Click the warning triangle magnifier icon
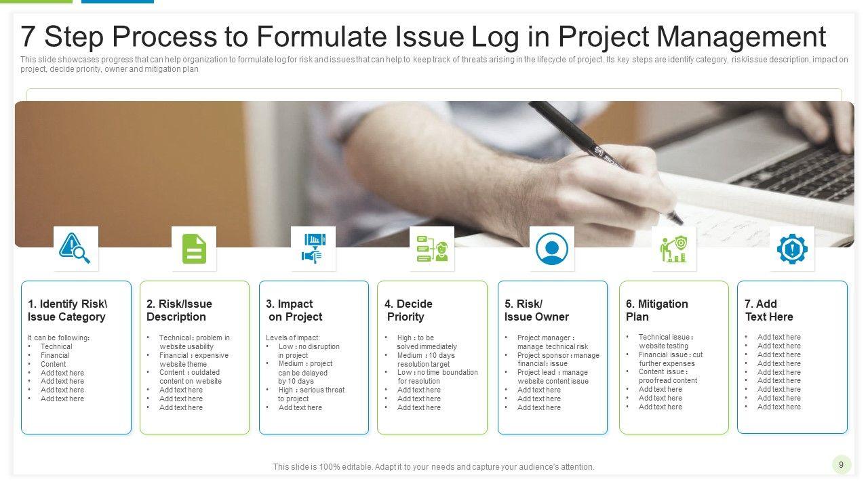pyautogui.click(x=75, y=248)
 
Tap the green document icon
pyautogui.click(x=194, y=248)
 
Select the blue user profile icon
pyautogui.click(x=551, y=248)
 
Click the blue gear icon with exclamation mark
pyautogui.click(x=791, y=249)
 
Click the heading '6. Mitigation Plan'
pyautogui.click(x=656, y=310)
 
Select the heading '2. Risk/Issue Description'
pyautogui.click(x=179, y=310)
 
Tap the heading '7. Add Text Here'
pyautogui.click(x=768, y=310)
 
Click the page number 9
pyautogui.click(x=841, y=464)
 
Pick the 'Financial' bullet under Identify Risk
pyautogui.click(x=55, y=355)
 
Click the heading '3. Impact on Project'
pyautogui.click(x=294, y=310)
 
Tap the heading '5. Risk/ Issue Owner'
pyautogui.click(x=536, y=310)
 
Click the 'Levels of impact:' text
pyautogui.click(x=292, y=338)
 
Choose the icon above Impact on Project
pyautogui.click(x=313, y=248)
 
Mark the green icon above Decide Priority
pyautogui.click(x=432, y=248)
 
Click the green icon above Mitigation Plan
pyautogui.click(x=673, y=248)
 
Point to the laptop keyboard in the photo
pyautogui.click(x=793, y=169)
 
